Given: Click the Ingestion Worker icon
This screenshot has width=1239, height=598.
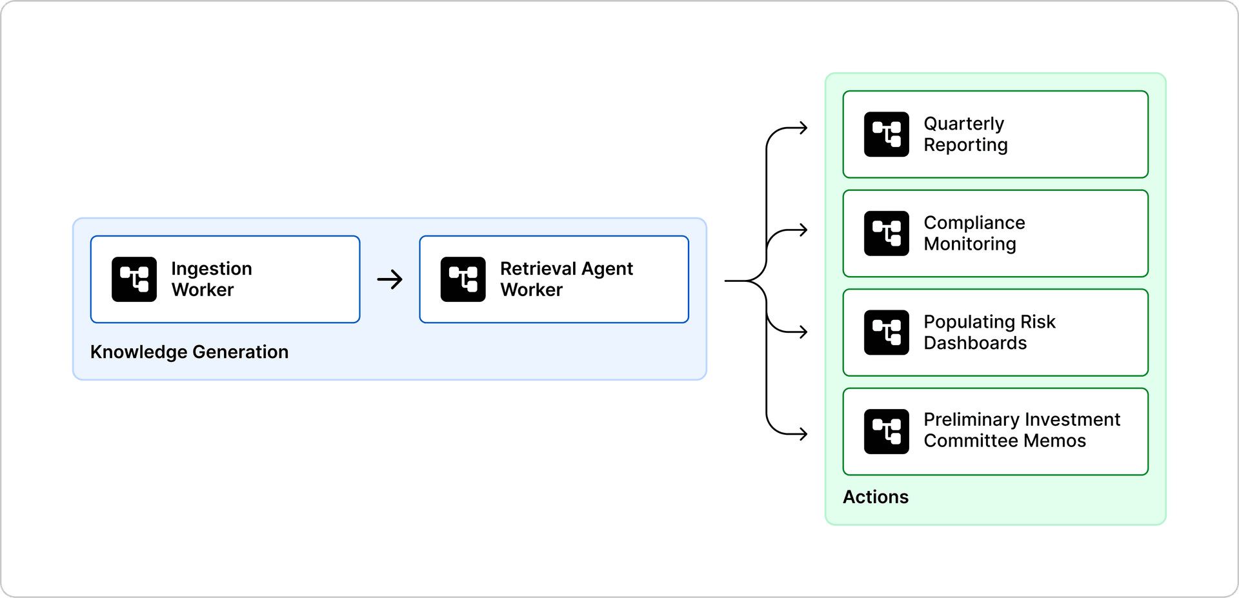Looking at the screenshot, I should (134, 279).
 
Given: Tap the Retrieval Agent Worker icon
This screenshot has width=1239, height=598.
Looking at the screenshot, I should (463, 279).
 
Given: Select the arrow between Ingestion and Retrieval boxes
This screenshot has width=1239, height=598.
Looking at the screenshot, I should (390, 279).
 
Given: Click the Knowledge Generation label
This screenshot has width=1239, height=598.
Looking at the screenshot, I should (189, 352).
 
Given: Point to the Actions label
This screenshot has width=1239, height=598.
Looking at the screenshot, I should (875, 497).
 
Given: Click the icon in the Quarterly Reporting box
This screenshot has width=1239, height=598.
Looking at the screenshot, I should (886, 134).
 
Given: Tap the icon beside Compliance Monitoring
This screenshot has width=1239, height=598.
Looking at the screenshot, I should (886, 234).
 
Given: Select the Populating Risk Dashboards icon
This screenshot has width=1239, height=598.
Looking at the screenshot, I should (886, 332).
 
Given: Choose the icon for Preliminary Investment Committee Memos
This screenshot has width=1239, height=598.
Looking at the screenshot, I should (886, 432).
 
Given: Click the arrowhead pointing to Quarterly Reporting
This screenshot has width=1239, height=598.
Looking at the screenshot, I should (803, 128).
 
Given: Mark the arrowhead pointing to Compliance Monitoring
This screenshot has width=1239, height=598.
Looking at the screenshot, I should (803, 230).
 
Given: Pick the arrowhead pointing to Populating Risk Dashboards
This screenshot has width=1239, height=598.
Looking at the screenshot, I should (803, 332).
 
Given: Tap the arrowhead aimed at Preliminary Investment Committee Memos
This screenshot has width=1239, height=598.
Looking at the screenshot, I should (803, 434).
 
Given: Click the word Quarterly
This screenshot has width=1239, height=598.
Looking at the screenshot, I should (963, 124).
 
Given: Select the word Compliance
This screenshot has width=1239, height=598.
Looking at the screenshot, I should (974, 223).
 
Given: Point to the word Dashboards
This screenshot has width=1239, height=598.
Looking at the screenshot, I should (974, 343).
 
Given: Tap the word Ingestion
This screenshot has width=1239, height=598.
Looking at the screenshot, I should (211, 269).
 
